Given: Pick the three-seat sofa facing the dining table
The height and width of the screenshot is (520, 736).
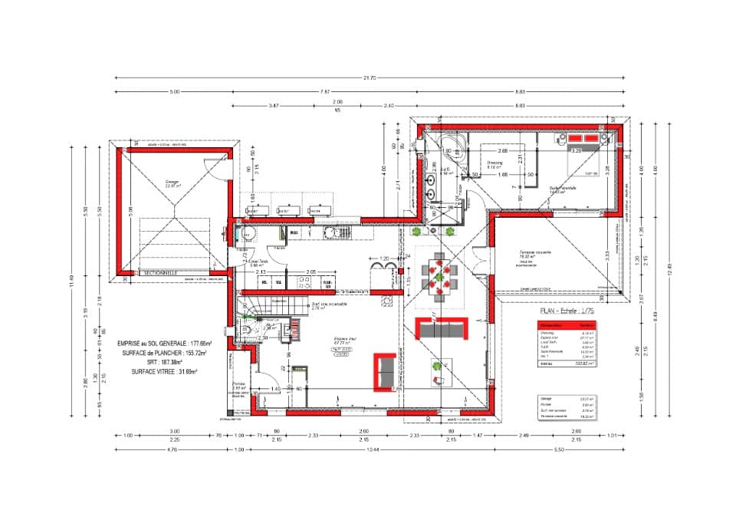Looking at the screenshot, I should click(441, 330).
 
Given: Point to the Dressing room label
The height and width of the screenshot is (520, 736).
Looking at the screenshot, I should click(495, 164).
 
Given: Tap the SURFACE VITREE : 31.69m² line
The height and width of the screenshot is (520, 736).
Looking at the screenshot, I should click(164, 371).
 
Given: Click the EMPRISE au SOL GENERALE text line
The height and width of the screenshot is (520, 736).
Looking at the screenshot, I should click(165, 344).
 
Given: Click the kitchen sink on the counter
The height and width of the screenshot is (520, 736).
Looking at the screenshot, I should click(335, 233).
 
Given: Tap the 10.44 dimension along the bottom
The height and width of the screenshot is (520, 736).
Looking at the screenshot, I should click(373, 450).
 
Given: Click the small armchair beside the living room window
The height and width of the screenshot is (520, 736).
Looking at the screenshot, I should click(438, 377).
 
